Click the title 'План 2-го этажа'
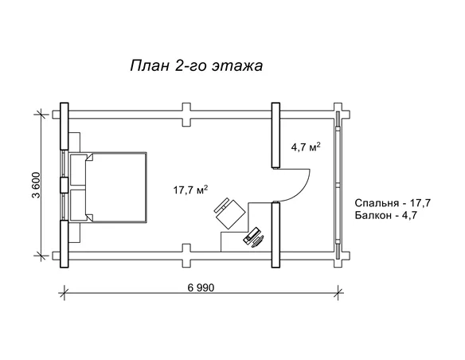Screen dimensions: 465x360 [197, 65]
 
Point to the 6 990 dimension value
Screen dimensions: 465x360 [201, 288]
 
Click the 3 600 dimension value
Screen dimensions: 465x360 [36, 185]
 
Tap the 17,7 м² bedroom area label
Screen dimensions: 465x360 [190, 190]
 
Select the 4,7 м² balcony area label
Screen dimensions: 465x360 [306, 147]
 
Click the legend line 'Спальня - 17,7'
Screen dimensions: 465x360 [393, 203]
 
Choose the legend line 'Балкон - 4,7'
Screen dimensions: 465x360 [386, 215]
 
